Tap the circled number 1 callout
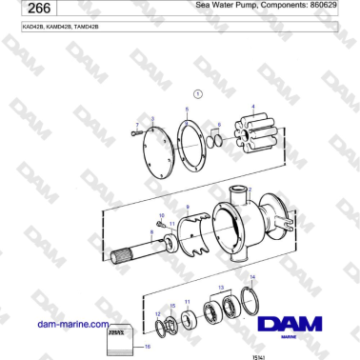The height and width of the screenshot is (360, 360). point(197,94)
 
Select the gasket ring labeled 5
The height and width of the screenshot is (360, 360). point(196,147)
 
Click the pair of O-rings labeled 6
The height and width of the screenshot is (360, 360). point(220,141)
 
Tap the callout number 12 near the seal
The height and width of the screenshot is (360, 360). point(157,312)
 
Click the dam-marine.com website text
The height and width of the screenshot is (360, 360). point(72,324)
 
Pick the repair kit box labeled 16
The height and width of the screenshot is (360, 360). point(118,340)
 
